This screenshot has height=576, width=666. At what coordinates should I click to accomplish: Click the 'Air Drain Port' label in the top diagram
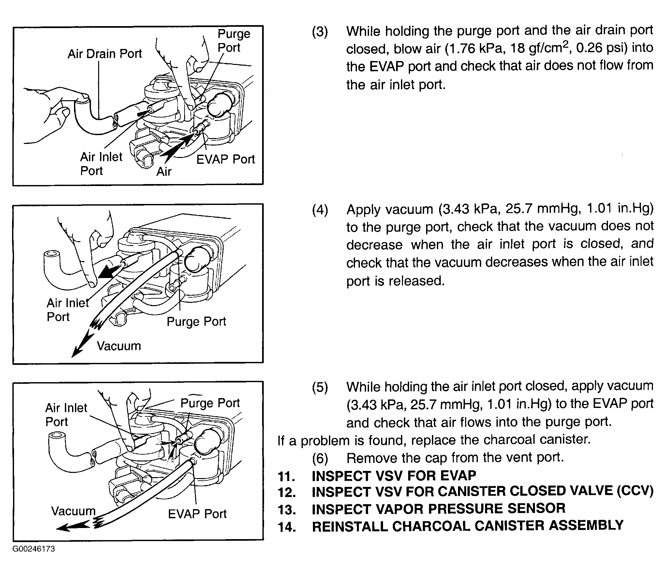pos(105,54)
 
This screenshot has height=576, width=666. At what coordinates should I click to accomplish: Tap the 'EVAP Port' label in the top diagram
pos(225,160)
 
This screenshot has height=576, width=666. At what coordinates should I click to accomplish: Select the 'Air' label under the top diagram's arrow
pos(164,172)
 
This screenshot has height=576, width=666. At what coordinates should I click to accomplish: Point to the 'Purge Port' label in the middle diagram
pos(196,322)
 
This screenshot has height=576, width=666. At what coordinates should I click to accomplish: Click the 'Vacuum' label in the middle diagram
pos(119,346)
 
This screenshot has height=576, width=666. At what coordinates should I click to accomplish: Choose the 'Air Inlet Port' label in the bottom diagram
pos(66,415)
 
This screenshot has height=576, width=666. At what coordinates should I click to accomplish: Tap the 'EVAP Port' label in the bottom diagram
pos(197,514)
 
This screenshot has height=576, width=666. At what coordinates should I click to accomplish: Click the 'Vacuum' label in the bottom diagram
pos(73,511)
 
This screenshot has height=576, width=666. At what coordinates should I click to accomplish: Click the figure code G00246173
pos(34,549)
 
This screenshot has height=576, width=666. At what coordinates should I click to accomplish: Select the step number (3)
pos(320,32)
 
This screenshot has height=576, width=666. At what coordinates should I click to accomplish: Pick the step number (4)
pos(320,210)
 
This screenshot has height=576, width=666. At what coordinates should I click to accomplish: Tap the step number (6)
pos(320,459)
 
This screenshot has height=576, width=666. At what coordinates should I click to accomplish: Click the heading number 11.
pos(286,477)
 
